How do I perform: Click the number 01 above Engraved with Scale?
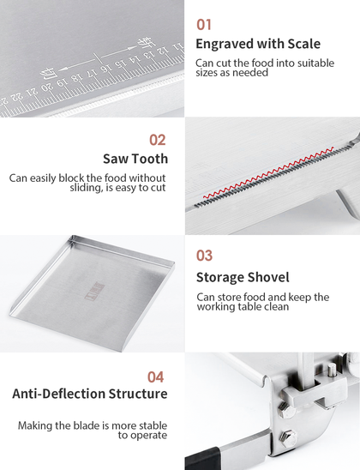point(204,25)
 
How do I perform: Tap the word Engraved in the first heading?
point(225,44)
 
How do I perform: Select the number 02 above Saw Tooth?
point(157,140)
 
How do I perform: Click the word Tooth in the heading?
point(150,159)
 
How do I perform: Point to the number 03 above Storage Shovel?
point(204,256)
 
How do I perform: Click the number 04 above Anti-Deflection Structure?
point(155,377)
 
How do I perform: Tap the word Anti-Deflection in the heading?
point(58,394)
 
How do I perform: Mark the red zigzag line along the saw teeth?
point(268,172)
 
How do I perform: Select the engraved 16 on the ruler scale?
point(105,69)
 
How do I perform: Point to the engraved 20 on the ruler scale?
point(46,87)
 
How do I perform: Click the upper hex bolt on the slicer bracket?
point(285,409)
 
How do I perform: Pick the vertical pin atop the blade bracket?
point(331,371)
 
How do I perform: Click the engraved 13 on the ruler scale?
point(149,55)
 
